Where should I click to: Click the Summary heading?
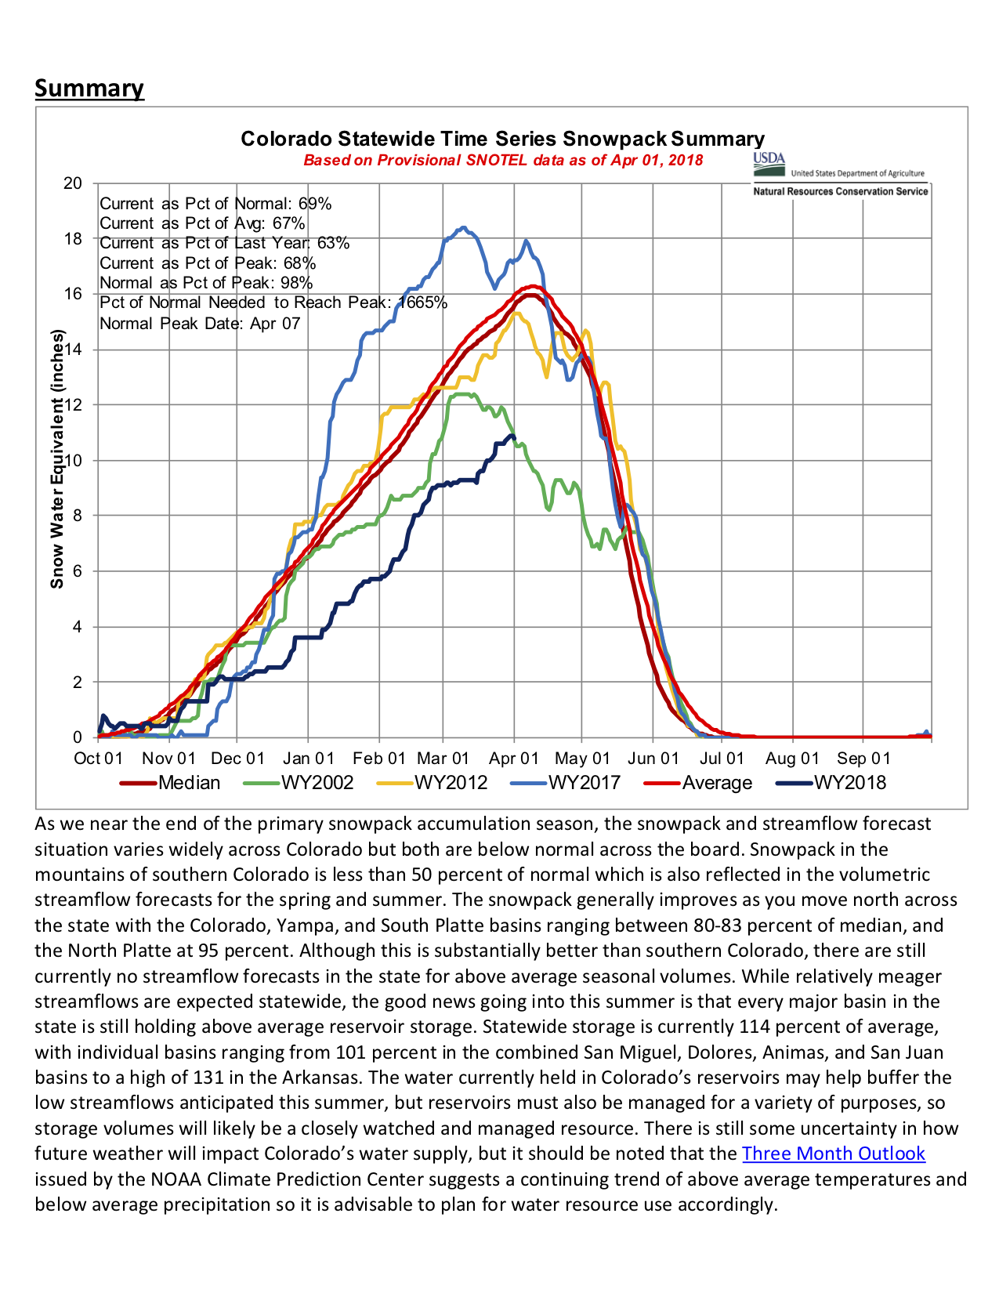pyautogui.click(x=89, y=88)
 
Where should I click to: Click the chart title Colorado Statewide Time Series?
pyautogui.click(x=502, y=139)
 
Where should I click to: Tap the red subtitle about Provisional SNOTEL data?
pyautogui.click(x=503, y=161)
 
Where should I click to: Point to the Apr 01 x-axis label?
pyautogui.click(x=514, y=759)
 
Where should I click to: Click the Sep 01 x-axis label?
pyautogui.click(x=863, y=759)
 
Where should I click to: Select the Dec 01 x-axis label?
pyautogui.click(x=238, y=759)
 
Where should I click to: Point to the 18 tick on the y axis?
pyautogui.click(x=73, y=239)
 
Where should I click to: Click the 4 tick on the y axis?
pyautogui.click(x=77, y=627)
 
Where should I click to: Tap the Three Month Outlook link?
pyautogui.click(x=834, y=1154)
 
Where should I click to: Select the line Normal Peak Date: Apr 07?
pyautogui.click(x=200, y=324)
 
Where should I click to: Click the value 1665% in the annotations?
pyautogui.click(x=423, y=303)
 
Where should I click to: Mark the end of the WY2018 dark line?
pyautogui.click(x=513, y=436)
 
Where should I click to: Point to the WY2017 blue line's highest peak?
pyautogui.click(x=464, y=228)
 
